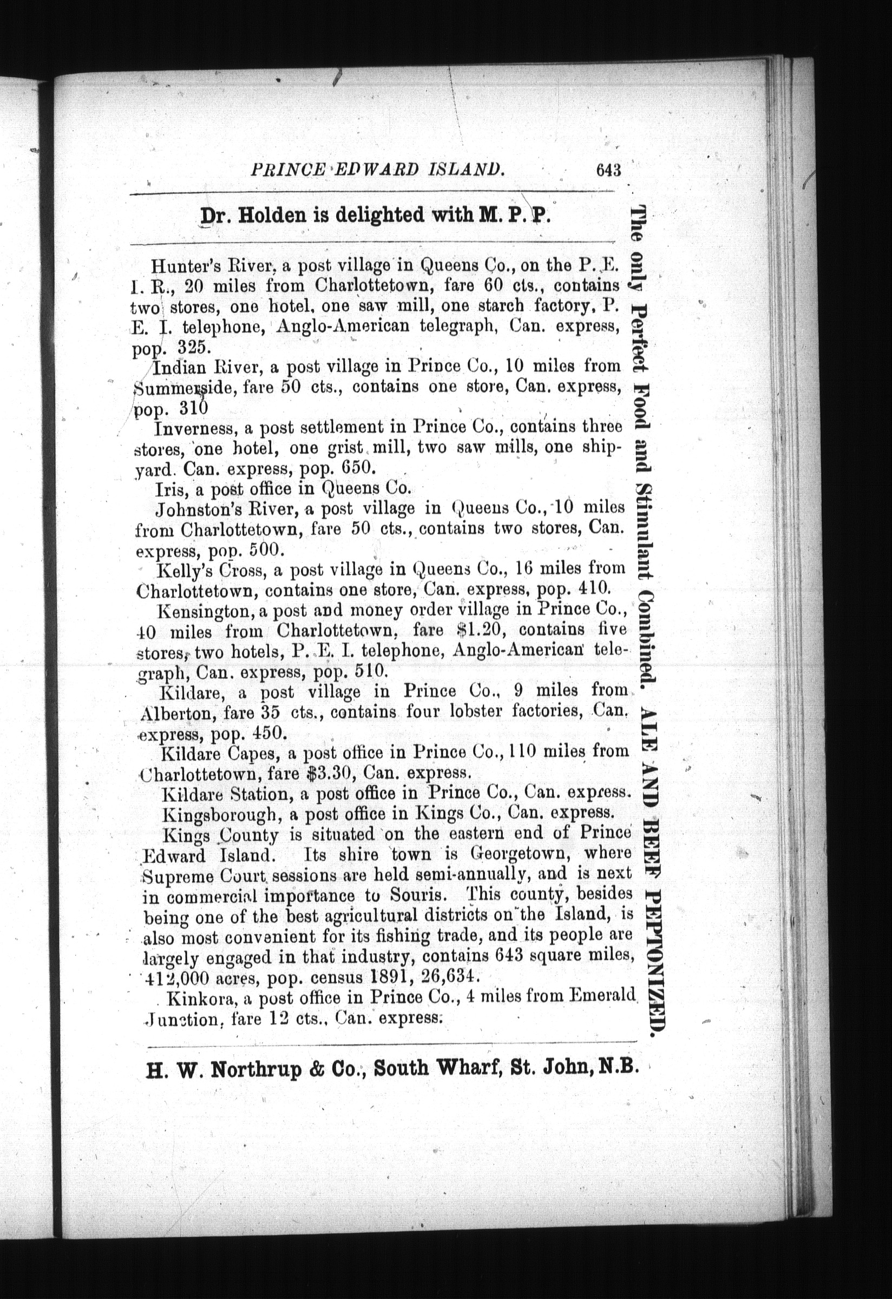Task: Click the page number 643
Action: click(608, 169)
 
